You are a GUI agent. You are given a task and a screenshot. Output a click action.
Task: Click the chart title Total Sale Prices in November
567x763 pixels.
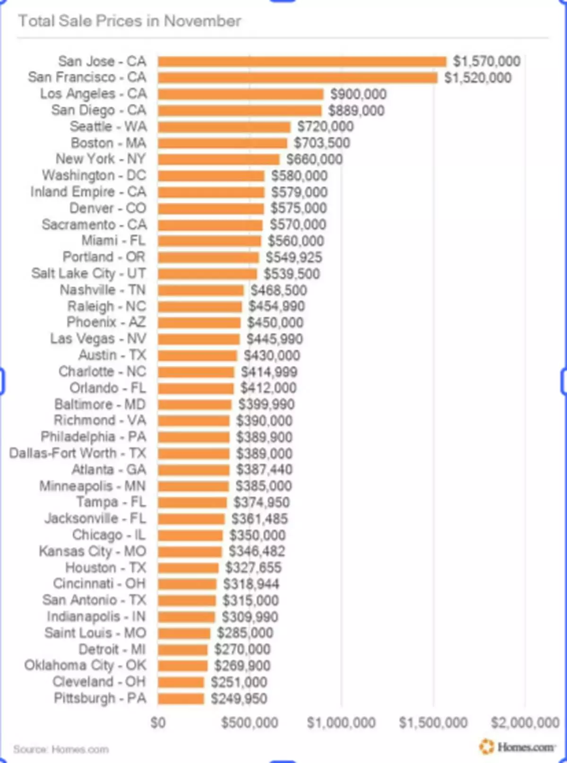[x=129, y=21]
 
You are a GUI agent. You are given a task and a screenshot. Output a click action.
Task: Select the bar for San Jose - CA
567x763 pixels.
[x=302, y=61]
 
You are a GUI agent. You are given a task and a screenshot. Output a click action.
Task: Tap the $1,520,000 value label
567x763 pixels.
[x=478, y=78]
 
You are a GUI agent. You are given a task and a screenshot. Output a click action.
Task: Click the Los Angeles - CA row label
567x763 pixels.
[x=93, y=94]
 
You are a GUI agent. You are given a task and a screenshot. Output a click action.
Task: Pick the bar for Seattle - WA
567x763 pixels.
[x=224, y=127]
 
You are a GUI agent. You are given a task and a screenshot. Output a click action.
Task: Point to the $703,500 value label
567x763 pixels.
[x=322, y=143]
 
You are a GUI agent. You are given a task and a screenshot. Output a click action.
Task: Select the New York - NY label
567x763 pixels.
[x=101, y=159]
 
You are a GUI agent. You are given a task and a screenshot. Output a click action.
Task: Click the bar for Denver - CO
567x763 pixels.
[x=211, y=208]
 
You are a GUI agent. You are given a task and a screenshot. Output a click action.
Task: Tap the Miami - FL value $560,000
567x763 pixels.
[x=296, y=241]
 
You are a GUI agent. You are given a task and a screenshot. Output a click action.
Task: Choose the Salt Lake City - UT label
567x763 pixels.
[x=89, y=274]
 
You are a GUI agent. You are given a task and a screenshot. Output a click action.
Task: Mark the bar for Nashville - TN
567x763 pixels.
[x=201, y=290]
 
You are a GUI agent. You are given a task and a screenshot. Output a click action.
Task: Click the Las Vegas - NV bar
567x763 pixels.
[x=199, y=339]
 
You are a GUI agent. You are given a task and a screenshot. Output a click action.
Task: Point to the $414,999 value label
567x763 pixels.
[x=269, y=372]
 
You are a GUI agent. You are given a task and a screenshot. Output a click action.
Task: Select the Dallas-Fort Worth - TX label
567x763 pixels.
[x=78, y=454]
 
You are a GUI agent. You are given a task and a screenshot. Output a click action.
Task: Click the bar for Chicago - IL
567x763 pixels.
[x=190, y=535]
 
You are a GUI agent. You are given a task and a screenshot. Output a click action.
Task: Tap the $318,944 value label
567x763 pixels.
[x=251, y=584]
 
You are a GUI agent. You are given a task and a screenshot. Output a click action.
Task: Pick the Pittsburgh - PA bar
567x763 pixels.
[x=181, y=699]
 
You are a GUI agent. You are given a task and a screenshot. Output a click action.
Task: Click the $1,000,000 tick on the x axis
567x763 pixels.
[x=341, y=723]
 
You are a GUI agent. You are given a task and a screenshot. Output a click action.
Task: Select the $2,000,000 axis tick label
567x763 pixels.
[x=525, y=723]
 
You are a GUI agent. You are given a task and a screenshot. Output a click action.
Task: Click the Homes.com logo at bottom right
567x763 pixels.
[x=517, y=747]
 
